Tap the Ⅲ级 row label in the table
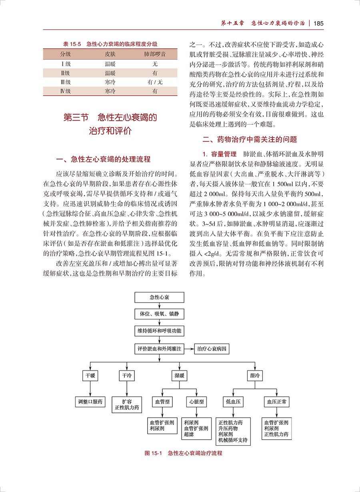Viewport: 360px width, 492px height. pos(66,82)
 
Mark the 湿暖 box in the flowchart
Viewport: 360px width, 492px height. pos(179,376)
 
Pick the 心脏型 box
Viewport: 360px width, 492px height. pos(196,401)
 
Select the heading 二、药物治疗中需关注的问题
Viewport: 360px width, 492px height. pos(250,140)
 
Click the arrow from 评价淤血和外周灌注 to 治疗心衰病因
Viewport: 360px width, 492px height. pos(189,349)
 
